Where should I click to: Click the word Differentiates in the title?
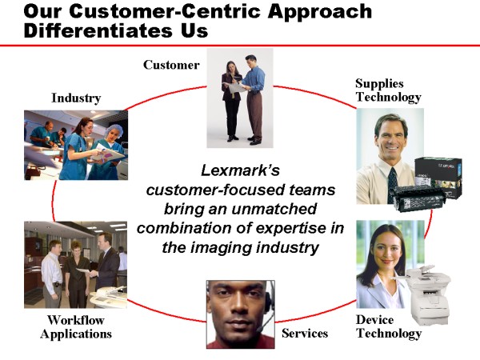pyautogui.click(x=97, y=30)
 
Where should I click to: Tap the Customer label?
pyautogui.click(x=171, y=65)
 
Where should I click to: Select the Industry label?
pyautogui.click(x=76, y=98)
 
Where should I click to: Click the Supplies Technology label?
pyautogui.click(x=388, y=90)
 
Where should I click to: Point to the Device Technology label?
pyautogui.click(x=389, y=326)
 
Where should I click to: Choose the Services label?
pyautogui.click(x=305, y=333)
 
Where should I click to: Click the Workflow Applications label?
pyautogui.click(x=76, y=327)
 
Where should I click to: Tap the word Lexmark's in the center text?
pyautogui.click(x=240, y=170)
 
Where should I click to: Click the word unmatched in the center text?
pyautogui.click(x=274, y=209)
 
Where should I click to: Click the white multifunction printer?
pyautogui.click(x=428, y=294)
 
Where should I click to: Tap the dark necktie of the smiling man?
pyautogui.click(x=393, y=184)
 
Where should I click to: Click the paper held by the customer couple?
pyautogui.click(x=234, y=87)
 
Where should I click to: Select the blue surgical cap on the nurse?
pyautogui.click(x=114, y=132)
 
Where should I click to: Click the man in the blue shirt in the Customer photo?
pyautogui.click(x=254, y=99)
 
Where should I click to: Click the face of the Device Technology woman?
pyautogui.click(x=386, y=249)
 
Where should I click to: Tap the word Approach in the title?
pyautogui.click(x=319, y=12)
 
